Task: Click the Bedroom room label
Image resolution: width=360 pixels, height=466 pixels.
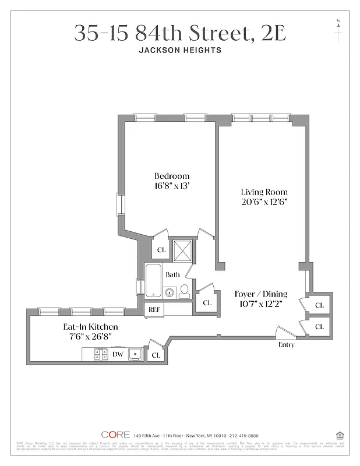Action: pos(172,176)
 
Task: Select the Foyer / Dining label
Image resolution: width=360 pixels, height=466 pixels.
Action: pos(260,294)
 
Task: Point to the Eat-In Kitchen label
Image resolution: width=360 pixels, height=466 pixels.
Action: pos(90,327)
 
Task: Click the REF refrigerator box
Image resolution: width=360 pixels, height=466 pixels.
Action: pos(154,310)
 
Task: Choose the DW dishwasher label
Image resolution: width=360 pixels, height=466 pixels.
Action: pos(118,354)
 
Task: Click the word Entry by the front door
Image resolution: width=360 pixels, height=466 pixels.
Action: pos(286,345)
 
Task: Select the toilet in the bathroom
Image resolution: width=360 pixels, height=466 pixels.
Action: pos(183,290)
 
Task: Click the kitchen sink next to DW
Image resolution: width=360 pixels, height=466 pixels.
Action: pos(136,354)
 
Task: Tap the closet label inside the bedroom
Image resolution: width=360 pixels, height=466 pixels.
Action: pos(161,250)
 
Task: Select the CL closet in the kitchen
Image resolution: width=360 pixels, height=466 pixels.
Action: pos(156,354)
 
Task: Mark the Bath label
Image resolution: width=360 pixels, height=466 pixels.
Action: pos(172,274)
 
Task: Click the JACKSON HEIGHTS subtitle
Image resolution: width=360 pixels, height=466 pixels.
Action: pos(180,50)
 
